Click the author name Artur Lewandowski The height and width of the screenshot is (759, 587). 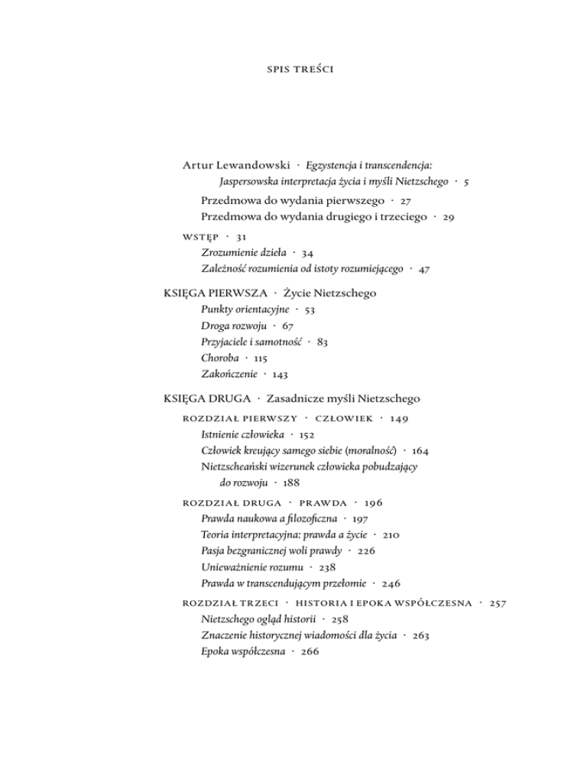tap(237, 165)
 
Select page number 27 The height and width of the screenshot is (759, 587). tap(406, 201)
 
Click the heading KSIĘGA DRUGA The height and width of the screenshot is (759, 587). tap(206, 399)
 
